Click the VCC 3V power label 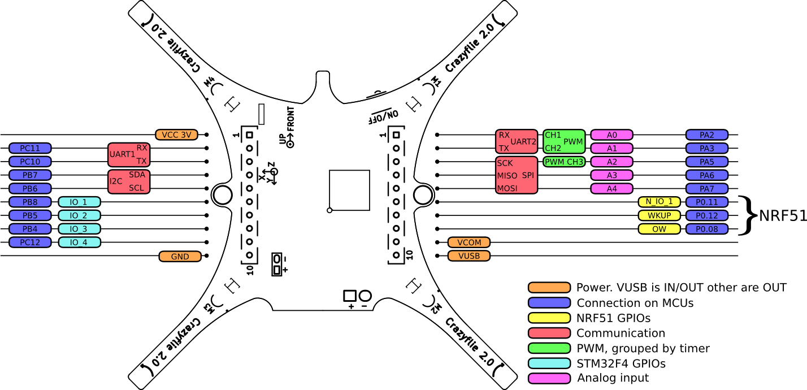(176, 135)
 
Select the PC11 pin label (31, 148)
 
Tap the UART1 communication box (129, 154)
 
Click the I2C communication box (129, 181)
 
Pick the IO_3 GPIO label (79, 229)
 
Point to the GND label (180, 256)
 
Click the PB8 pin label (31, 202)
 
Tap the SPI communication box (516, 176)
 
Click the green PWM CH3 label (564, 162)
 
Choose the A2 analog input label (611, 162)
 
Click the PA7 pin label (706, 189)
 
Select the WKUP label (659, 215)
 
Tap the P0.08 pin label (706, 229)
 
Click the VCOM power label (469, 242)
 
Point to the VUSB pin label (469, 255)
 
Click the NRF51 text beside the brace (782, 216)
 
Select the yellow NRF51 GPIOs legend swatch (549, 318)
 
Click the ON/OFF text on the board (384, 116)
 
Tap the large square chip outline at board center (349, 190)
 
